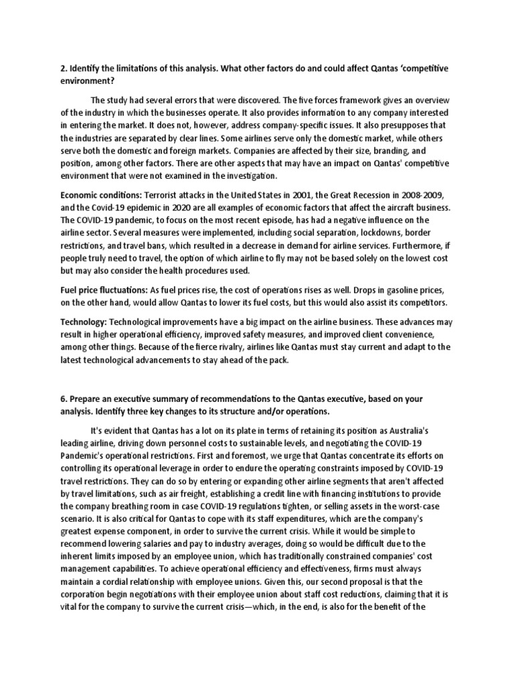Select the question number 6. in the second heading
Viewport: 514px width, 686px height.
pyautogui.click(x=64, y=399)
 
